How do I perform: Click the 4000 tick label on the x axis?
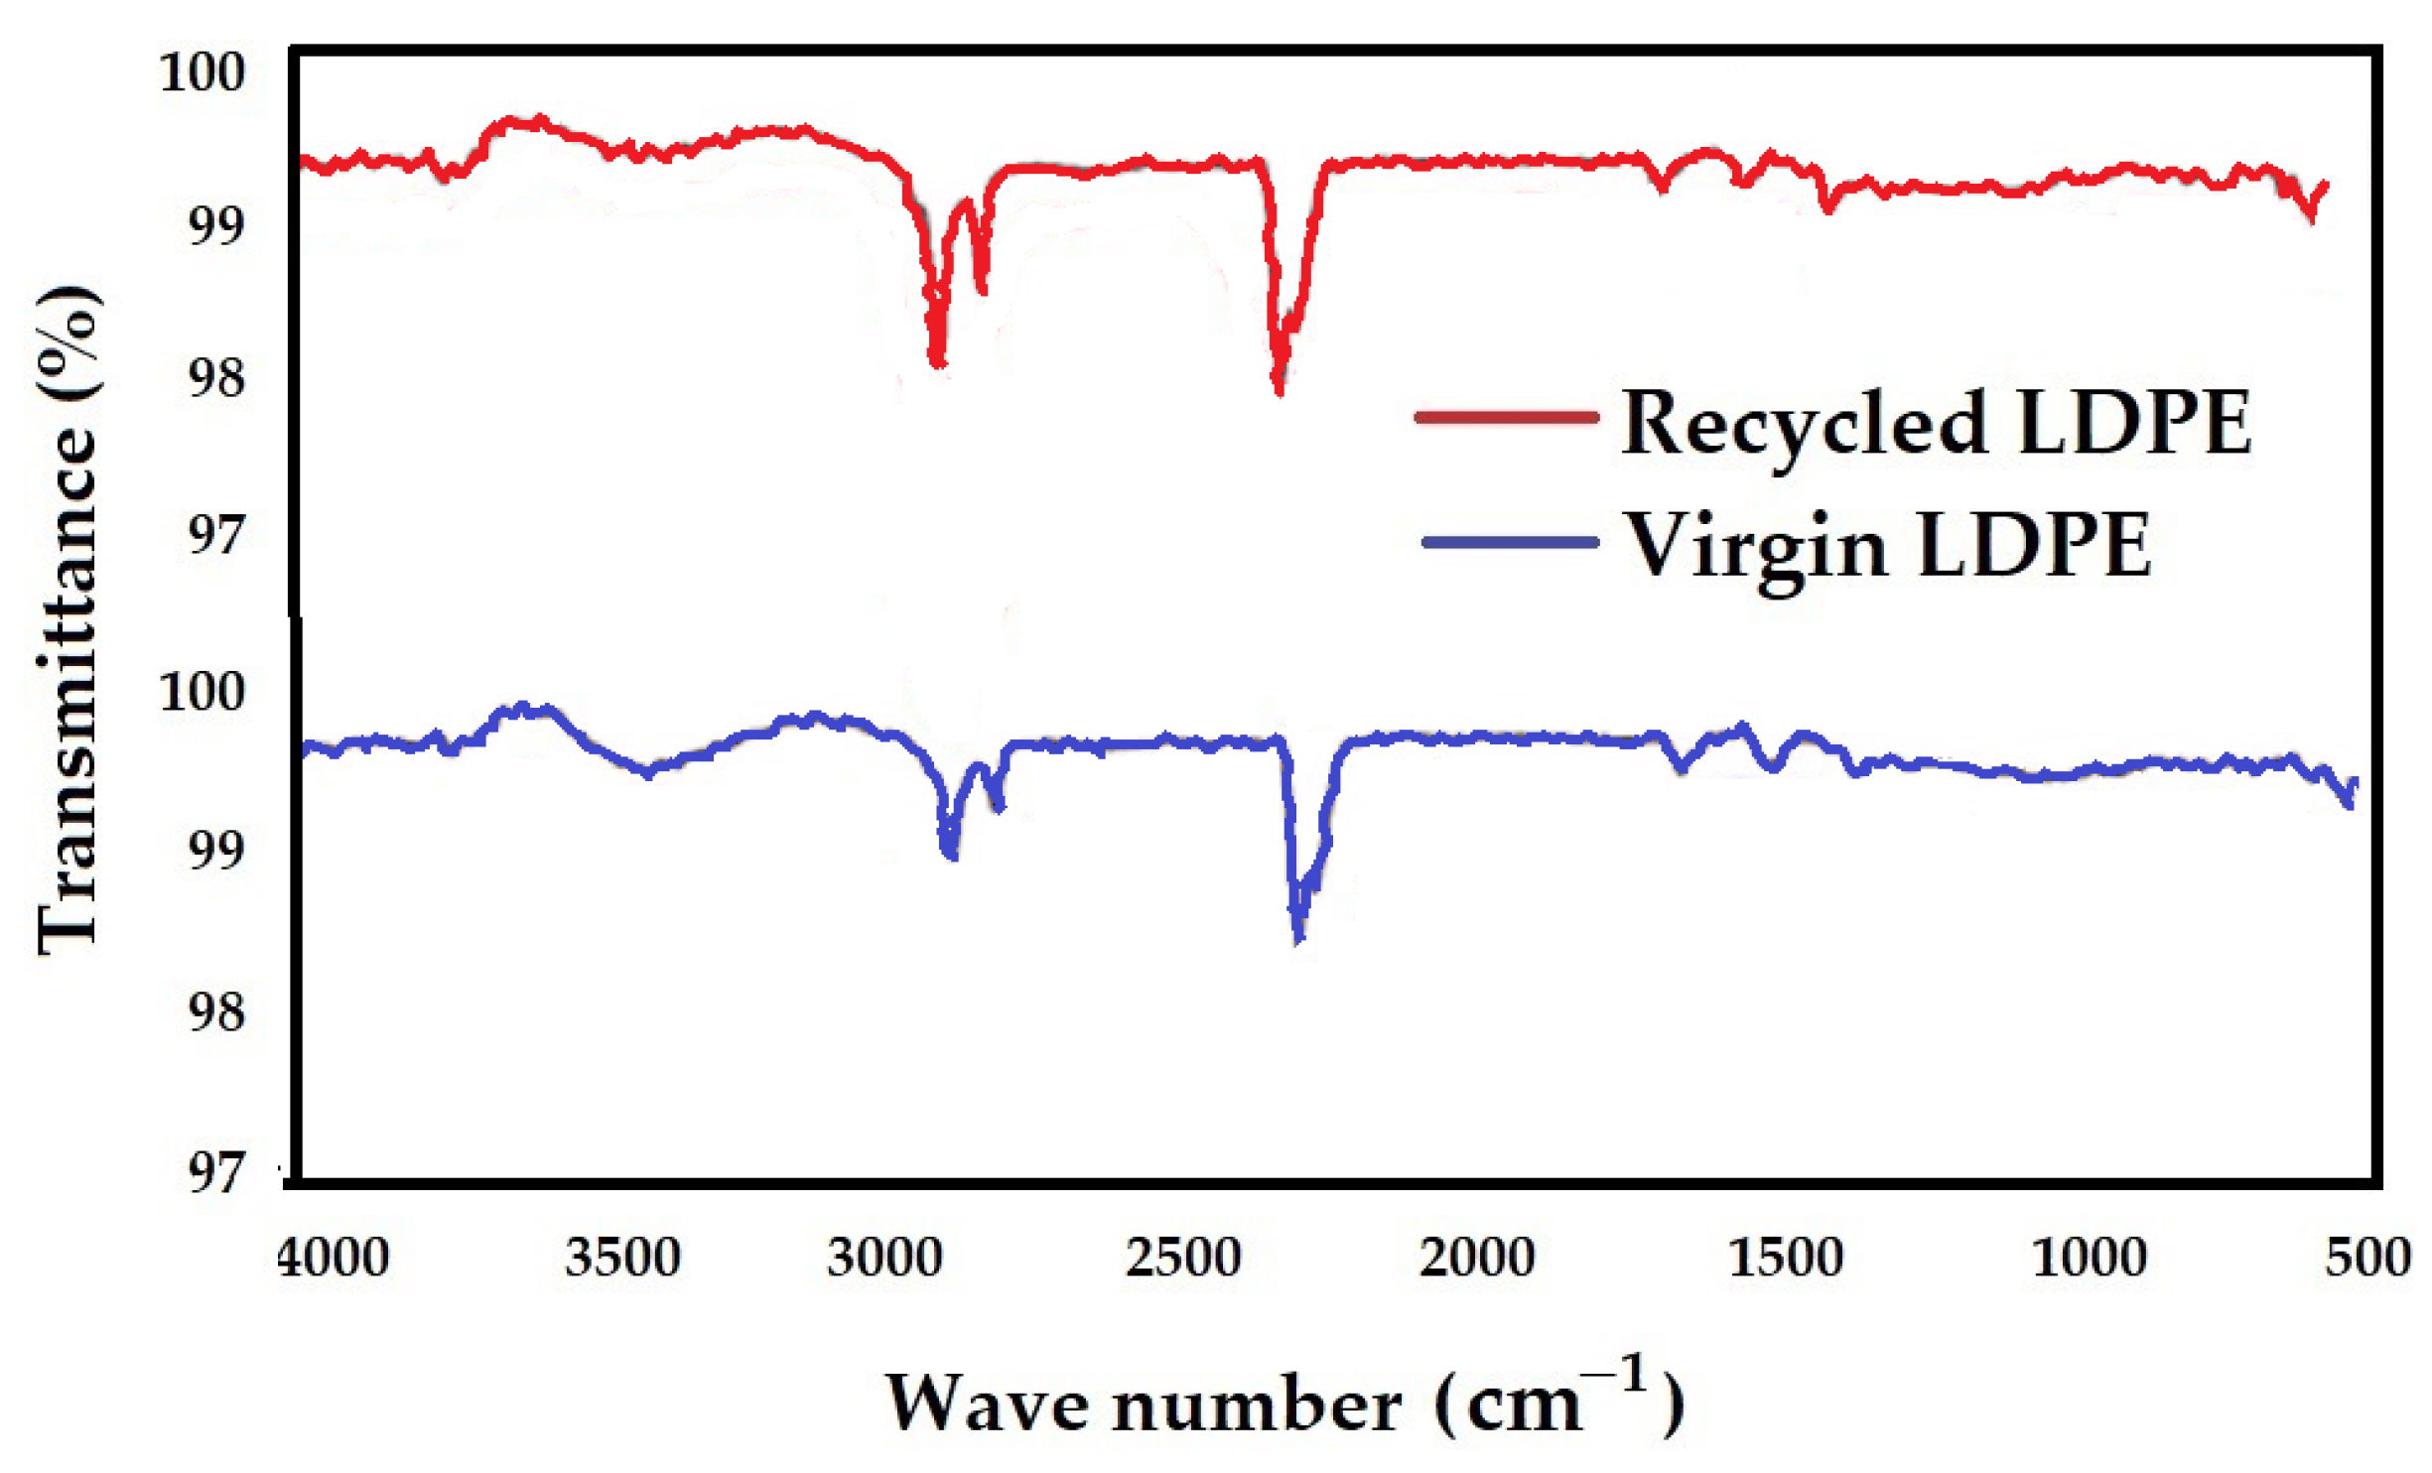click(333, 1258)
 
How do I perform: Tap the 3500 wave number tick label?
click(622, 1258)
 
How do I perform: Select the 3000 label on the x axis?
click(884, 1258)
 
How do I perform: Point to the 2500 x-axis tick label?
click(1183, 1258)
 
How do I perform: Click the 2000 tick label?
click(1477, 1258)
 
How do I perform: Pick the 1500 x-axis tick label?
click(1786, 1258)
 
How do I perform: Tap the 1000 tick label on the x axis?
click(2090, 1258)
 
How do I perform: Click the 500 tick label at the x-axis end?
click(2367, 1258)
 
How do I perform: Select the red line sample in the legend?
click(1507, 417)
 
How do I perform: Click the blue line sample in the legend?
click(1510, 542)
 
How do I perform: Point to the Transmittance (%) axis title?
click(68, 620)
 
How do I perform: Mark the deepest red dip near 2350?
click(1279, 390)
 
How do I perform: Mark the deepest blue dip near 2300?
click(1298, 936)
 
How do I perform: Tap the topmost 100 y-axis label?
click(202, 72)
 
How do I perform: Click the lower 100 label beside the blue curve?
click(202, 692)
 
